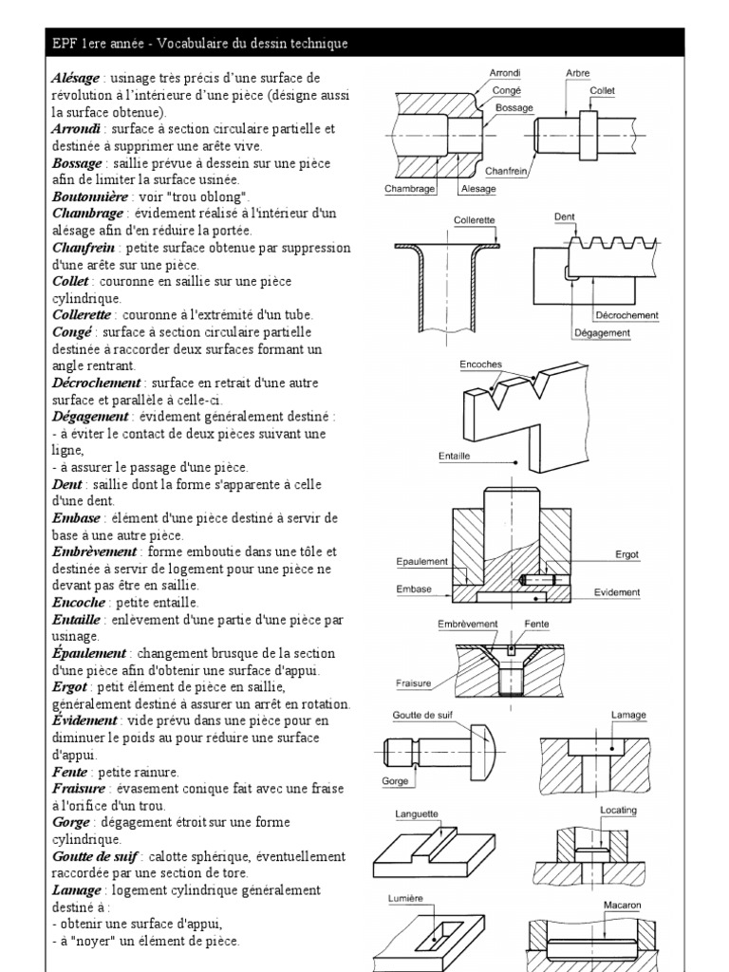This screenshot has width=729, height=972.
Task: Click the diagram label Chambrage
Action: [x=409, y=189]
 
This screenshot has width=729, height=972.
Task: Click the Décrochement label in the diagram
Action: [x=626, y=315]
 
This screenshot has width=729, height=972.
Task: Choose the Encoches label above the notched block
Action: [x=480, y=364]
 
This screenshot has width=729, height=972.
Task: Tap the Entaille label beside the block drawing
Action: [x=456, y=456]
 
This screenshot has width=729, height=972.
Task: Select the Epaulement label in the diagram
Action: [x=421, y=562]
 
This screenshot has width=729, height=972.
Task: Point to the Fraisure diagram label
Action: [x=414, y=682]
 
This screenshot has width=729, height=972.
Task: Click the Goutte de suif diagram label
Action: [x=421, y=715]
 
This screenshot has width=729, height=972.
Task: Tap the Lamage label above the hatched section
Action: [x=622, y=715]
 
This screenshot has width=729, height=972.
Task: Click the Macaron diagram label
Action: [x=623, y=906]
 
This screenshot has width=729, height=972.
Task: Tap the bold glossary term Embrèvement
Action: [x=95, y=551]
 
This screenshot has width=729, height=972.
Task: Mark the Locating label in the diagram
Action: [x=619, y=811]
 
